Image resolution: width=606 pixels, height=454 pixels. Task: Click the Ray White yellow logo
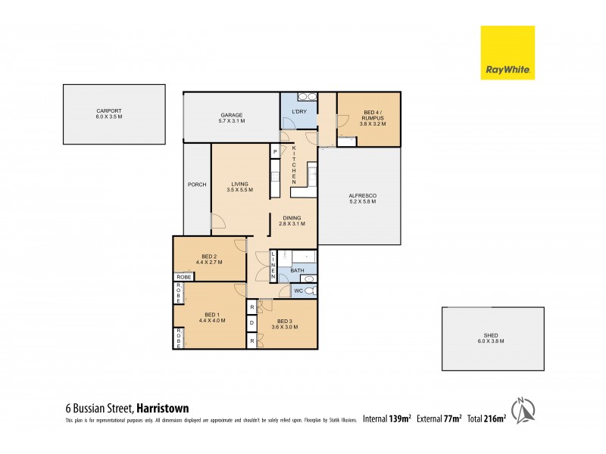[508, 52]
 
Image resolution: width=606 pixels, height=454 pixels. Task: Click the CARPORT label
[114, 111]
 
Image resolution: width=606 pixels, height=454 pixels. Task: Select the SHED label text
[493, 335]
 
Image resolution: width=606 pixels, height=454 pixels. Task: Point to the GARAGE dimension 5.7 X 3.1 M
[232, 121]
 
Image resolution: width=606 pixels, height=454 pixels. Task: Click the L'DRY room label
[299, 112]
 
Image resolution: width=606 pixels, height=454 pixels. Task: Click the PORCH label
[197, 185]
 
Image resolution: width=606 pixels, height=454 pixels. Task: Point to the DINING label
[292, 218]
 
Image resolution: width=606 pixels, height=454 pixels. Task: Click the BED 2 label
[210, 256]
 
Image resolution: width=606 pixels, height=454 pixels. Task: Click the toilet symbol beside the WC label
[310, 289]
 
